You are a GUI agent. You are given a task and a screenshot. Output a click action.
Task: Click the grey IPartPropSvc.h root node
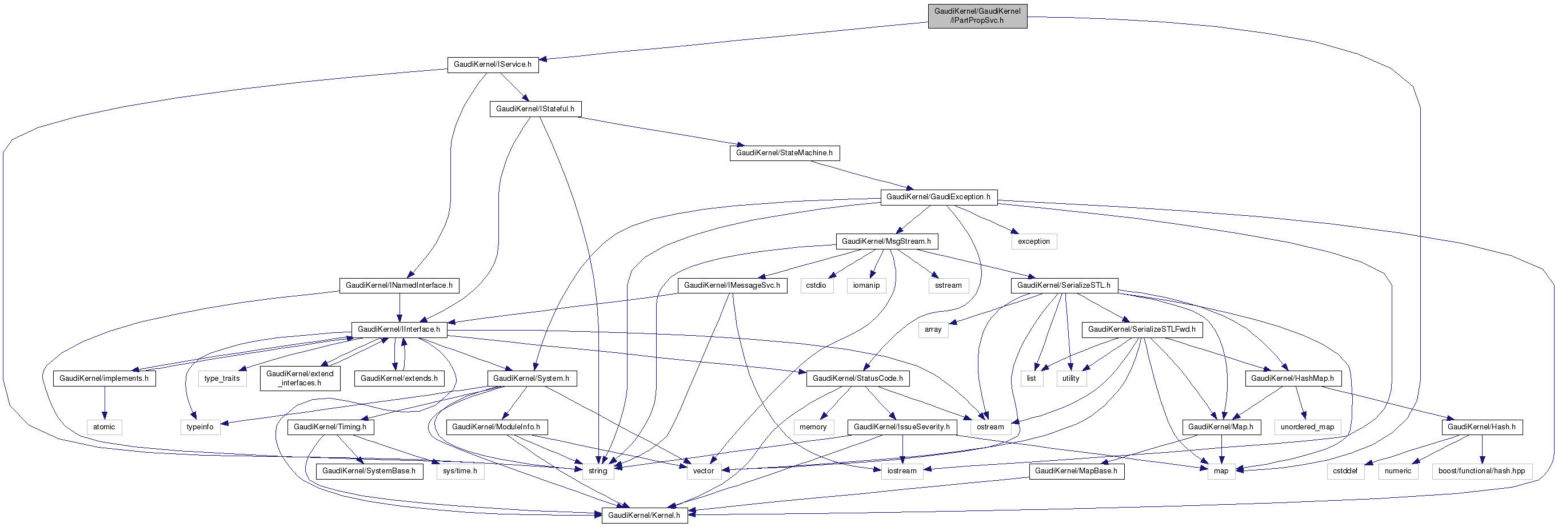[977, 16]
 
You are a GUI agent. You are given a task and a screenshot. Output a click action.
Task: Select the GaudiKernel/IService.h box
[492, 65]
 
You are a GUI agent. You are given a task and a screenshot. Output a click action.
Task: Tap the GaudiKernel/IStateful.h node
[534, 109]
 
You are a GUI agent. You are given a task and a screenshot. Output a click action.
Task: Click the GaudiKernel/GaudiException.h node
[938, 197]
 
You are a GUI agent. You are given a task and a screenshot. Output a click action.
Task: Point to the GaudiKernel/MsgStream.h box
[886, 242]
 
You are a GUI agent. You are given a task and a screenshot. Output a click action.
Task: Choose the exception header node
[1034, 242]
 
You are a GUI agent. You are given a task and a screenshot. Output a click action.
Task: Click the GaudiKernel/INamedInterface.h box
[398, 285]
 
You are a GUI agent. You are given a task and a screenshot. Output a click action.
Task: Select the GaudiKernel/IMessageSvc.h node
[732, 285]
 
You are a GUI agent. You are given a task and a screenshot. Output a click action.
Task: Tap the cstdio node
[816, 285]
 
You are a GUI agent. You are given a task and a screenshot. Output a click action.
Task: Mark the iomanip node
[866, 285]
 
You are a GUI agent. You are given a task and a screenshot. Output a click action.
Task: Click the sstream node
[948, 285]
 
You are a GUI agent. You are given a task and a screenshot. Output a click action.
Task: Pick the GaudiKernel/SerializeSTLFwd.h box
[1141, 329]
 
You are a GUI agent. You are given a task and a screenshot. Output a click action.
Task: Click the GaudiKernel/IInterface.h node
[398, 329]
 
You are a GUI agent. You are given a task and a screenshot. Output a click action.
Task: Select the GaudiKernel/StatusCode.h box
[857, 379]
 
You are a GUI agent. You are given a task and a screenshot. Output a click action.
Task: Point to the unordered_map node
[1307, 427]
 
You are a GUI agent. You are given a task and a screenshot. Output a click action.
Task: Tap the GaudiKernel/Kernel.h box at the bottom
[644, 516]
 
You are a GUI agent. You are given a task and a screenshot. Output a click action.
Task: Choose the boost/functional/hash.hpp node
[1481, 471]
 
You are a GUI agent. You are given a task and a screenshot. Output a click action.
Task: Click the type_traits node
[222, 379]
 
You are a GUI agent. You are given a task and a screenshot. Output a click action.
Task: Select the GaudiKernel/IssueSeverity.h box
[901, 427]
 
